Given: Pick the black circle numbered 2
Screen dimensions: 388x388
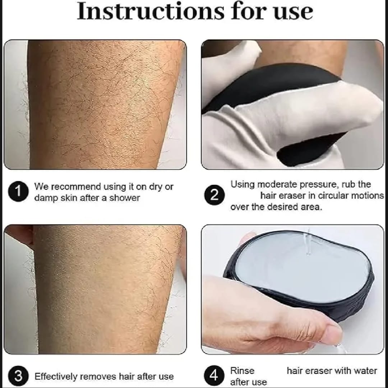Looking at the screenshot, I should pyautogui.click(x=214, y=195).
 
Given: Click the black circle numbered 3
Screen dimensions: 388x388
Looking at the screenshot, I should pyautogui.click(x=18, y=376).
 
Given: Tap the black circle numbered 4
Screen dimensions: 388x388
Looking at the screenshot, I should pyautogui.click(x=214, y=376).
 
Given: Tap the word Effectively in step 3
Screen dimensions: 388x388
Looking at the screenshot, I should pyautogui.click(x=55, y=377).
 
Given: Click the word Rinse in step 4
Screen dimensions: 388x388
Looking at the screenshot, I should pyautogui.click(x=242, y=371).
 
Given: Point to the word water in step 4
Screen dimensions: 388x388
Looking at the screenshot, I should pyautogui.click(x=366, y=371).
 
